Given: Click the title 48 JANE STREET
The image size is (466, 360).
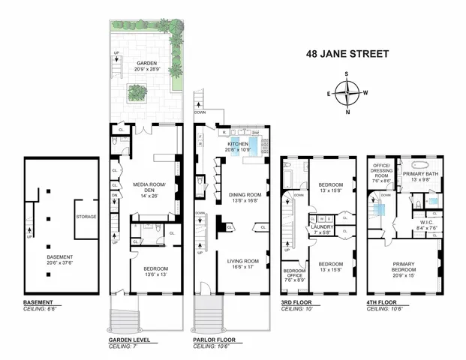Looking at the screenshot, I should pyautogui.click(x=347, y=54).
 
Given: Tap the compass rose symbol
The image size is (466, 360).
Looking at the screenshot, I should pyautogui.click(x=347, y=94).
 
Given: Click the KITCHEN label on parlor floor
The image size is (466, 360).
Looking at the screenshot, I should pyautogui.click(x=238, y=142).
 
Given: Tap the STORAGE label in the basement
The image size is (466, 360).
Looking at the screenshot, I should pyautogui.click(x=86, y=217).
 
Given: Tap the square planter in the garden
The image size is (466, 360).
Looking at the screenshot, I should pyautogui.click(x=137, y=91).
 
